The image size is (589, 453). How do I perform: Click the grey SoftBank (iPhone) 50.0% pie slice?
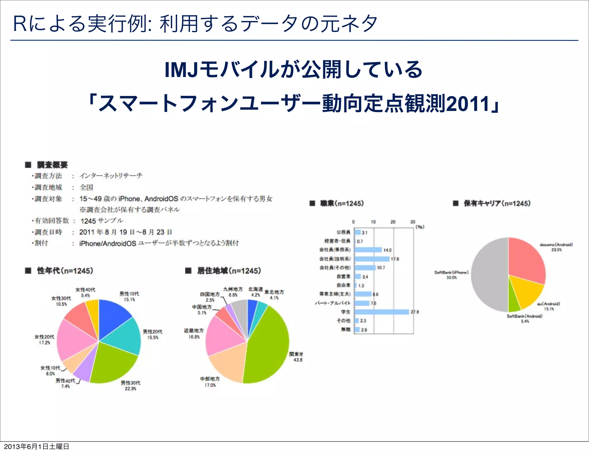[489, 276]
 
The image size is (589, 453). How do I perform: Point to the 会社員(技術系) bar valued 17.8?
[372, 259]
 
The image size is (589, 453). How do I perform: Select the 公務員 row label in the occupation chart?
[343, 232]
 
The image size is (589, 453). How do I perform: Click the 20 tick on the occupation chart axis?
[393, 222]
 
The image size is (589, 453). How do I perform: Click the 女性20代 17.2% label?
[44, 339]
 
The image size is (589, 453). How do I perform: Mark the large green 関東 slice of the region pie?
[267, 345]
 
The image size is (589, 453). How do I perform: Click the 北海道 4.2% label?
[255, 292]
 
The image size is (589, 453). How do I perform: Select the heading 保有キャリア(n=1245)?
[497, 204]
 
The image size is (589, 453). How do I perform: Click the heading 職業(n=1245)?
[342, 204]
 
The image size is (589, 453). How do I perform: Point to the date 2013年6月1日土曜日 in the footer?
[37, 446]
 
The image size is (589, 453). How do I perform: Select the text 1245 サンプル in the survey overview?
[102, 221]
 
